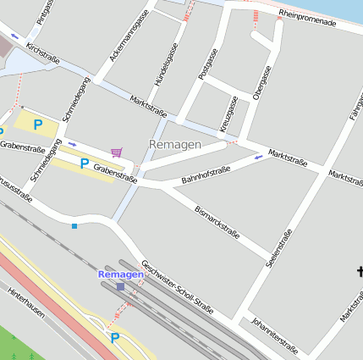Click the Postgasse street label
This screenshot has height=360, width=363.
(207, 64)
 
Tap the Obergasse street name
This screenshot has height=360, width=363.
(261, 82)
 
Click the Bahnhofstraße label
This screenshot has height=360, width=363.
(206, 175)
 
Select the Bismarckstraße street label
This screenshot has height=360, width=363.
(217, 221)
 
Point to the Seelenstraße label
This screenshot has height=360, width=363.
(280, 247)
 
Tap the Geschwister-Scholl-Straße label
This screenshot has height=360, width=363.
(178, 285)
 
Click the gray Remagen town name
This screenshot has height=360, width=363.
(174, 145)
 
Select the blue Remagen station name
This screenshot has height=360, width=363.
(120, 274)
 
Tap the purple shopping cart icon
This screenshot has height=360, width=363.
(117, 152)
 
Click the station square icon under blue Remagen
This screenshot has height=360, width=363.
(120, 286)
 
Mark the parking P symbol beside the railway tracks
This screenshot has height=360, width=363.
(115, 338)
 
